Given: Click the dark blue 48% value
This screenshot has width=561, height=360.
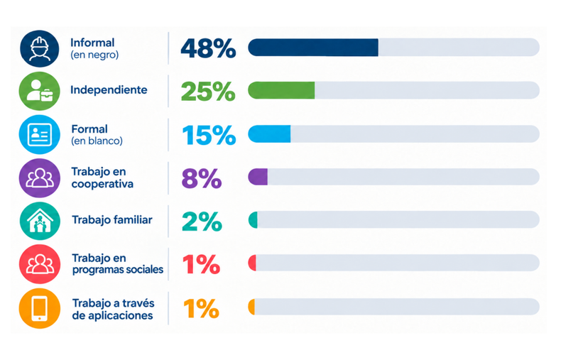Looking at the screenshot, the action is pyautogui.click(x=208, y=48).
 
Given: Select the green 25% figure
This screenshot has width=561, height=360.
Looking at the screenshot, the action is pyautogui.click(x=208, y=92).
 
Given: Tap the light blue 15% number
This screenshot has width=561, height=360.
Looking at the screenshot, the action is pyautogui.click(x=209, y=135).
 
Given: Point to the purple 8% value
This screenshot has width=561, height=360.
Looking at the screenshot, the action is pyautogui.click(x=202, y=178).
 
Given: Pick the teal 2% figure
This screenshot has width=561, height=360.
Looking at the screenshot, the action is pyautogui.click(x=202, y=222).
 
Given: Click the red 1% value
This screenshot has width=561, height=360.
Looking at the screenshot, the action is pyautogui.click(x=201, y=265).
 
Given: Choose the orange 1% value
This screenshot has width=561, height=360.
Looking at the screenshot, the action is pyautogui.click(x=201, y=308).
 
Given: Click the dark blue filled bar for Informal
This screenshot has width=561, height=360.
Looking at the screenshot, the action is pyautogui.click(x=313, y=48).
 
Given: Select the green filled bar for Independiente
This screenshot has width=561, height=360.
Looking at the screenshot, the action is pyautogui.click(x=281, y=90).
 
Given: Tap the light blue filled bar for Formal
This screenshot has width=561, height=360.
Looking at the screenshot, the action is pyautogui.click(x=269, y=133).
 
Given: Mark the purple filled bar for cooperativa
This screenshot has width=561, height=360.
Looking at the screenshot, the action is pyautogui.click(x=258, y=177).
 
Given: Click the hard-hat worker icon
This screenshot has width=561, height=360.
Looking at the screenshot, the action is pyautogui.click(x=39, y=49).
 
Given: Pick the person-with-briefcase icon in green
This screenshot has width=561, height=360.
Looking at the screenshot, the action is pyautogui.click(x=39, y=91).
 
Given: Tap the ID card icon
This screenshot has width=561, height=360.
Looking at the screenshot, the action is pyautogui.click(x=39, y=134).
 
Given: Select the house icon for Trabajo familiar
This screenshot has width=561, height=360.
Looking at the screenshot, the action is pyautogui.click(x=40, y=221).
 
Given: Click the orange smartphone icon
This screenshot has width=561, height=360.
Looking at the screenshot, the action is pyautogui.click(x=39, y=308).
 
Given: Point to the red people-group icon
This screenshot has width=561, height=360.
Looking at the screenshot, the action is pyautogui.click(x=39, y=264).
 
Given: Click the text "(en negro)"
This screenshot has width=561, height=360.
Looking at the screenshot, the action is pyautogui.click(x=94, y=55).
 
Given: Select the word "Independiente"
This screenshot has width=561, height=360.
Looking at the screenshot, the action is pyautogui.click(x=109, y=89).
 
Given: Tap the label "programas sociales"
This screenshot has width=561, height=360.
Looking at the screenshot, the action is pyautogui.click(x=118, y=270).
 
